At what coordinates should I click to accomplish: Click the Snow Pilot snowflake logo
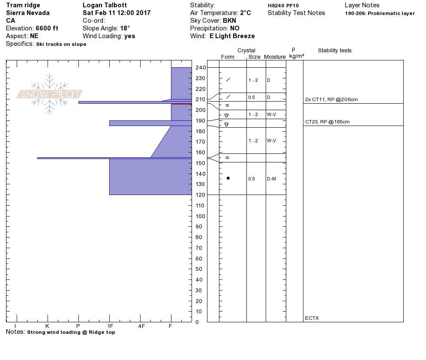click(49, 94)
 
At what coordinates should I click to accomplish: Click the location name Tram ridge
click(23, 5)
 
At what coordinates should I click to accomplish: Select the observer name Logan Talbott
click(105, 5)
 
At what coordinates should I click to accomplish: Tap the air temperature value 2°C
click(245, 13)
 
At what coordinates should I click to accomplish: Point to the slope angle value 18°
click(125, 28)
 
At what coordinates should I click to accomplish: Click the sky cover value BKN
click(230, 21)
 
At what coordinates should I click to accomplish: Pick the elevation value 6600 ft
click(47, 28)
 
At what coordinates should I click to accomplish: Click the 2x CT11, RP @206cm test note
click(331, 99)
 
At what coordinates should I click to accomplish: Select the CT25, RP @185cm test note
click(327, 122)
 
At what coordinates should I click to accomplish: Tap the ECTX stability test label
click(312, 318)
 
